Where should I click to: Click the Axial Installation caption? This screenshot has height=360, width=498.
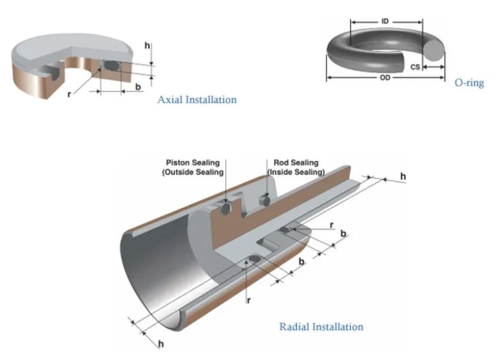pyautogui.click(x=197, y=100)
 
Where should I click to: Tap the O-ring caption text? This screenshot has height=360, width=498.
pyautogui.click(x=469, y=82)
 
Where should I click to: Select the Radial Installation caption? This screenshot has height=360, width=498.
pyautogui.click(x=321, y=327)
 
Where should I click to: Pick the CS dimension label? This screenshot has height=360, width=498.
pyautogui.click(x=415, y=66)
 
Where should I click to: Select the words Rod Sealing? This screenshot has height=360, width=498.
pyautogui.click(x=295, y=163)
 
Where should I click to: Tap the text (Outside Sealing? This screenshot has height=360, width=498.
pyautogui.click(x=193, y=172)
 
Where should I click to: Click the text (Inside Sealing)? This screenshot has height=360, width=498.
pyautogui.click(x=296, y=172)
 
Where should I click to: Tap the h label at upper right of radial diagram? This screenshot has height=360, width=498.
pyautogui.click(x=403, y=176)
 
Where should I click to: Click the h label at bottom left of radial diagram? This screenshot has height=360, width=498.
pyautogui.click(x=160, y=344)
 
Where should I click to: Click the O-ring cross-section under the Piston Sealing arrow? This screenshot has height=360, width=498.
pyautogui.click(x=225, y=208)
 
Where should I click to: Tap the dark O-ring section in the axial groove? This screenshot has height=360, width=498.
pyautogui.click(x=112, y=65)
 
